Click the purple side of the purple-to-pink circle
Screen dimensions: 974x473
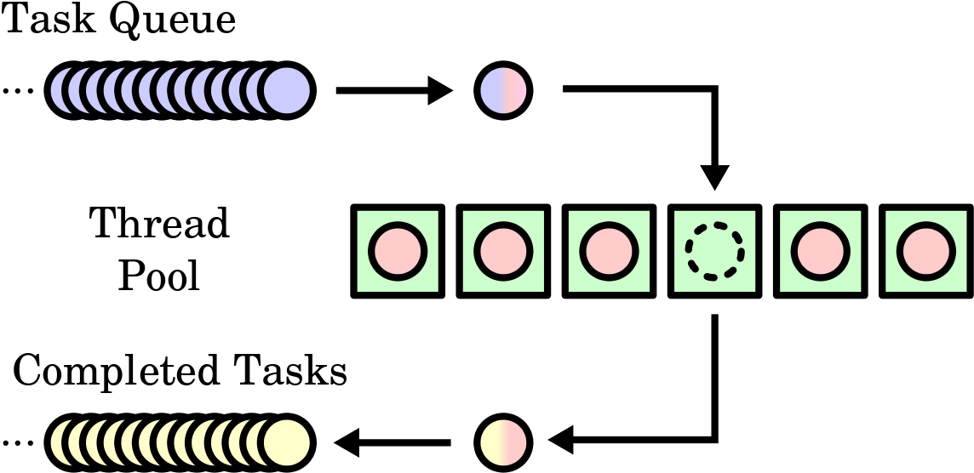[491, 91]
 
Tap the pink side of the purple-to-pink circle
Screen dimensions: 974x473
[516, 91]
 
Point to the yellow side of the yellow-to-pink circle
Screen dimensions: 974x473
[491, 442]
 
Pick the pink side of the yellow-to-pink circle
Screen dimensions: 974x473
[516, 442]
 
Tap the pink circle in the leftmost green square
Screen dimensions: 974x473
[398, 251]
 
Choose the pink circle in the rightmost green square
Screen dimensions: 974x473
[926, 251]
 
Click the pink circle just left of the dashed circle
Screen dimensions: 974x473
[609, 251]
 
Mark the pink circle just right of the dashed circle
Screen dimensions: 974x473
[821, 251]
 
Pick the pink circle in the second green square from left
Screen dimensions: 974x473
[503, 251]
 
